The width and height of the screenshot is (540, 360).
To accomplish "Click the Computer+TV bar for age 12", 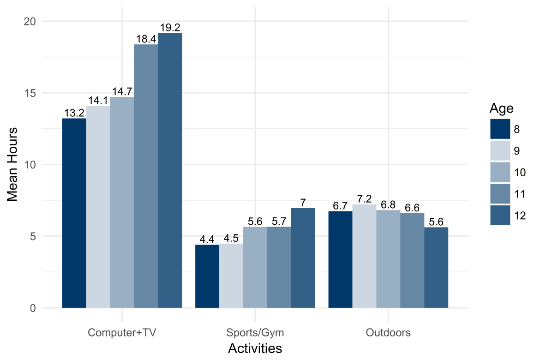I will pyautogui.click(x=170, y=170).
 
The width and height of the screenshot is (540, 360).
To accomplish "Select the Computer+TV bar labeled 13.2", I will pyautogui.click(x=74, y=213).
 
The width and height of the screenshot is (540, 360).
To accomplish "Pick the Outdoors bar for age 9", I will pyautogui.click(x=364, y=256).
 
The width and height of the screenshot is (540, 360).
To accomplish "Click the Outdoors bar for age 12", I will pyautogui.click(x=436, y=267).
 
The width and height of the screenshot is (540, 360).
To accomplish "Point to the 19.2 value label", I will pyautogui.click(x=170, y=28).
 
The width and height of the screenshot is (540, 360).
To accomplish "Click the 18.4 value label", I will pyautogui.click(x=146, y=39).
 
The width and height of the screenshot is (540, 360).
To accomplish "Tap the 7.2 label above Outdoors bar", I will pyautogui.click(x=364, y=199).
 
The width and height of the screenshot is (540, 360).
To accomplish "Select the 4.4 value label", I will pyautogui.click(x=207, y=240).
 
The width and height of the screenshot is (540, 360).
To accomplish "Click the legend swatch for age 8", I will pyautogui.click(x=500, y=129).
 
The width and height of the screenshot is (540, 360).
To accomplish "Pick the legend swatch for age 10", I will pyautogui.click(x=500, y=172).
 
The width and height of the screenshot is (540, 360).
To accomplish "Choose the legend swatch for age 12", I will pyautogui.click(x=500, y=216).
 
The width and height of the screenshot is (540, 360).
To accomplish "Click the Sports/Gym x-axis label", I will pyautogui.click(x=255, y=332).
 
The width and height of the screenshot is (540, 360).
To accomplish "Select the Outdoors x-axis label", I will pyautogui.click(x=388, y=332).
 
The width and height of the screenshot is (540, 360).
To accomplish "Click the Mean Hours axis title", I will pyautogui.click(x=13, y=164).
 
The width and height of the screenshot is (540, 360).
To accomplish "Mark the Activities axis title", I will pyautogui.click(x=255, y=348).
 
